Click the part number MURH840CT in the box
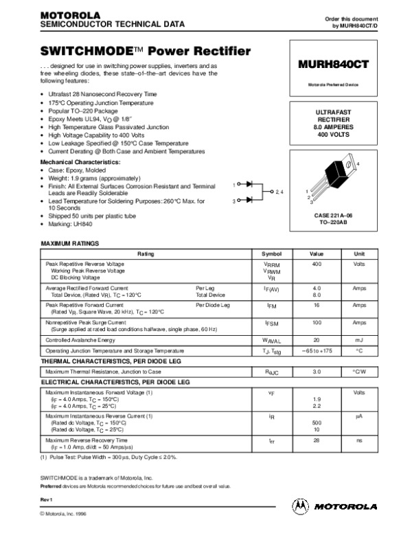coord(333,64)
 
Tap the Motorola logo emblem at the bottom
coord(300,506)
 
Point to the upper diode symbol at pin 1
coord(250,184)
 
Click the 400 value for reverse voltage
coord(317,264)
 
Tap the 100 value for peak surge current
coord(317,321)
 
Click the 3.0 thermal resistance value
coord(317,371)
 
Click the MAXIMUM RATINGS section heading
coord(71,244)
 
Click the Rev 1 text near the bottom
coord(47,497)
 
